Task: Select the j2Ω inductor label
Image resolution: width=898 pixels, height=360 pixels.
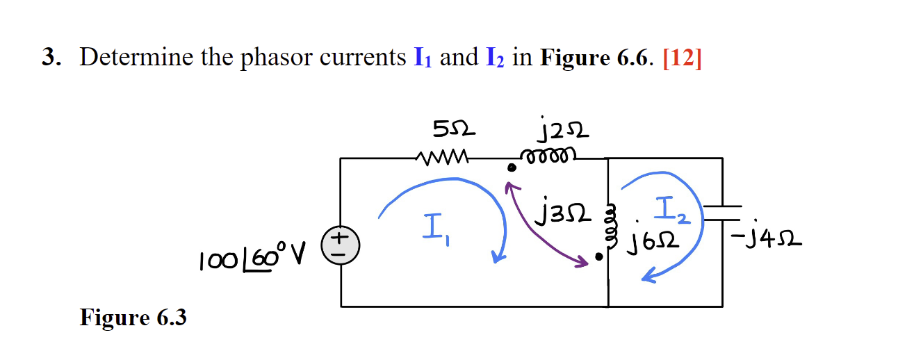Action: [554, 130]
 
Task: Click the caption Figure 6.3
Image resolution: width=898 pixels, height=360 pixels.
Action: [133, 318]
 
